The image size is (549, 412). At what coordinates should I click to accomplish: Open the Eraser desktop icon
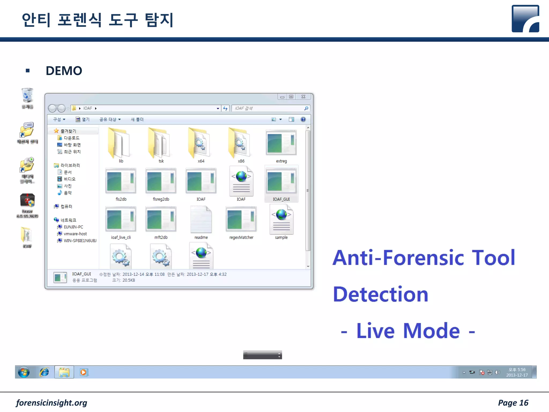(x=27, y=201)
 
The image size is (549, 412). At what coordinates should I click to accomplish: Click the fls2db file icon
(x=121, y=181)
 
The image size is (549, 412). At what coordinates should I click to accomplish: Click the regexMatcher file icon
(x=241, y=219)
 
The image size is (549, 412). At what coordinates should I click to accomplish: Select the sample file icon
(x=281, y=219)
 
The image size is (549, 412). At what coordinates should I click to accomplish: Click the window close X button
(x=303, y=97)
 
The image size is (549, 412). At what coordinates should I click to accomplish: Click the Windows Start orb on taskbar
(x=24, y=372)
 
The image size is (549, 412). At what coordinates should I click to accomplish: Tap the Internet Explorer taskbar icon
(x=44, y=372)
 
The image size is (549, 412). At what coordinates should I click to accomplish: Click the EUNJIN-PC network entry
(x=73, y=227)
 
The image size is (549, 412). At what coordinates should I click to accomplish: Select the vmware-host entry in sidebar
(x=75, y=234)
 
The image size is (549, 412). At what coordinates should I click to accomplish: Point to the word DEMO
(x=64, y=71)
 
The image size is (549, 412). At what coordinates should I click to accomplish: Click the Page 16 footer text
(x=513, y=403)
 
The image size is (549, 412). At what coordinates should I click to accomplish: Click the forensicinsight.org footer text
(x=51, y=403)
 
